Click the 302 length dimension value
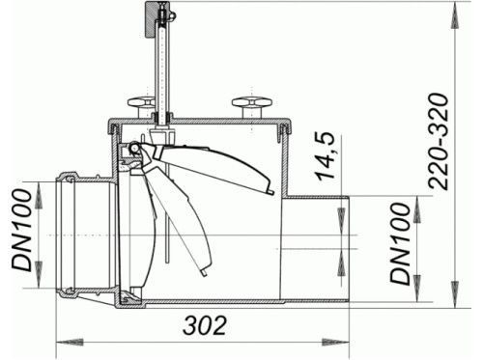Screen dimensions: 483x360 click(x=205, y=325)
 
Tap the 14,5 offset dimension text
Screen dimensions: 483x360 click(x=325, y=155)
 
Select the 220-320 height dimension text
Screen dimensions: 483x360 click(x=438, y=141)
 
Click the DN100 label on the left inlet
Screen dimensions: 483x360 click(x=22, y=230)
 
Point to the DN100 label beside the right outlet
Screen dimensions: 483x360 click(x=400, y=243)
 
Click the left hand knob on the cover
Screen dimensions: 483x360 click(x=141, y=107)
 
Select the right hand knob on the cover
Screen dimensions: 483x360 click(x=252, y=107)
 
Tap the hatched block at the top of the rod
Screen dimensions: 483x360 click(x=151, y=18)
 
